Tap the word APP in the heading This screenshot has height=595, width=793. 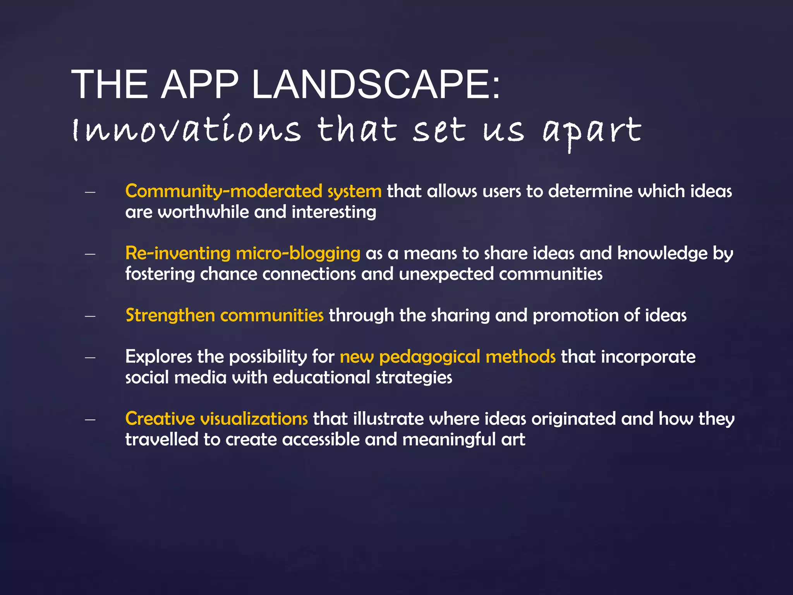click(199, 84)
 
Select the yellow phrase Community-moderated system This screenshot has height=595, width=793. click(253, 191)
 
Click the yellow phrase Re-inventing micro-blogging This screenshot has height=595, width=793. click(243, 253)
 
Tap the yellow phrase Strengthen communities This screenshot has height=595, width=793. click(224, 315)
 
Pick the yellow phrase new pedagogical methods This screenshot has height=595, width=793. click(448, 357)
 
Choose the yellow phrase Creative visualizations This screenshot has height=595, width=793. click(216, 419)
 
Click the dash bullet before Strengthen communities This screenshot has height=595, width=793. click(90, 316)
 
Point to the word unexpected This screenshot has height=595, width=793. click(446, 274)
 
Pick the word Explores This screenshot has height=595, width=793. click(158, 357)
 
